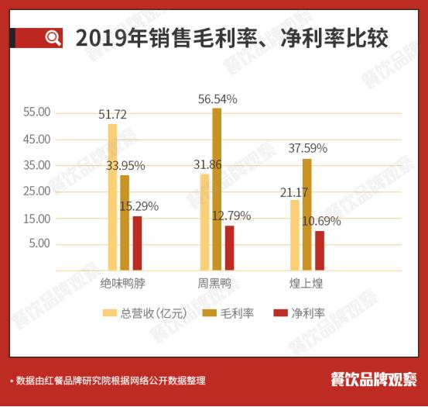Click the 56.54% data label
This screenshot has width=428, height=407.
[x=217, y=99]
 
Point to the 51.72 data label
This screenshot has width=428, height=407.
[x=113, y=115]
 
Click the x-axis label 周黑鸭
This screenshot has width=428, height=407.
[x=214, y=285]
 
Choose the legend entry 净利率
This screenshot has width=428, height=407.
[x=300, y=313]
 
